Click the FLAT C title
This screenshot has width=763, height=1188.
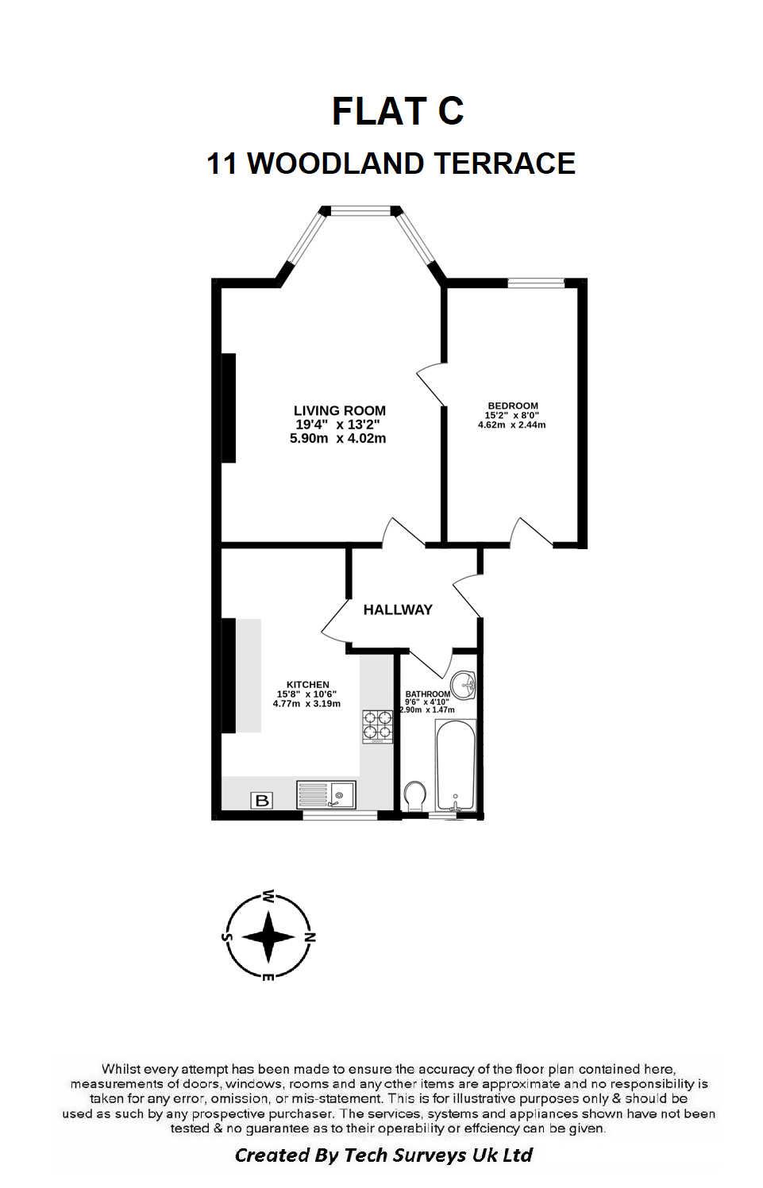pyautogui.click(x=398, y=111)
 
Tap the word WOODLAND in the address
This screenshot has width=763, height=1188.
pyautogui.click(x=336, y=163)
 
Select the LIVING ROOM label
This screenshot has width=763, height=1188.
pyautogui.click(x=340, y=410)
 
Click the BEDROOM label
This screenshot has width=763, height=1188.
pyautogui.click(x=513, y=406)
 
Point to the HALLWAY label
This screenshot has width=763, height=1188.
pyautogui.click(x=398, y=610)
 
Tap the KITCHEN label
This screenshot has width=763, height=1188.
pyautogui.click(x=308, y=685)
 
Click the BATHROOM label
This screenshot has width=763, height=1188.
pyautogui.click(x=428, y=694)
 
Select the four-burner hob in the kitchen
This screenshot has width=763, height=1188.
pyautogui.click(x=377, y=727)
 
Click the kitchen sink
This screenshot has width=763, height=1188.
pyautogui.click(x=326, y=794)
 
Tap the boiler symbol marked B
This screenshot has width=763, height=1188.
pyautogui.click(x=261, y=800)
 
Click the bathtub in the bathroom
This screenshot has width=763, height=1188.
pyautogui.click(x=455, y=765)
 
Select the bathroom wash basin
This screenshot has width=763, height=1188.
pyautogui.click(x=463, y=685)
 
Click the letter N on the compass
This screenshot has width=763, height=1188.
pyautogui.click(x=310, y=937)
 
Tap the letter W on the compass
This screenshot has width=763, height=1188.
pyautogui.click(x=269, y=897)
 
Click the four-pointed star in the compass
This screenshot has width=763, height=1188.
pyautogui.click(x=268, y=937)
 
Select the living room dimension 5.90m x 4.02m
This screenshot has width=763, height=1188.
pyautogui.click(x=337, y=439)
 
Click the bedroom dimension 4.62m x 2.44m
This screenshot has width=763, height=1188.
pyautogui.click(x=512, y=425)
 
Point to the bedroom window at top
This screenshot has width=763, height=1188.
pyautogui.click(x=536, y=283)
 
